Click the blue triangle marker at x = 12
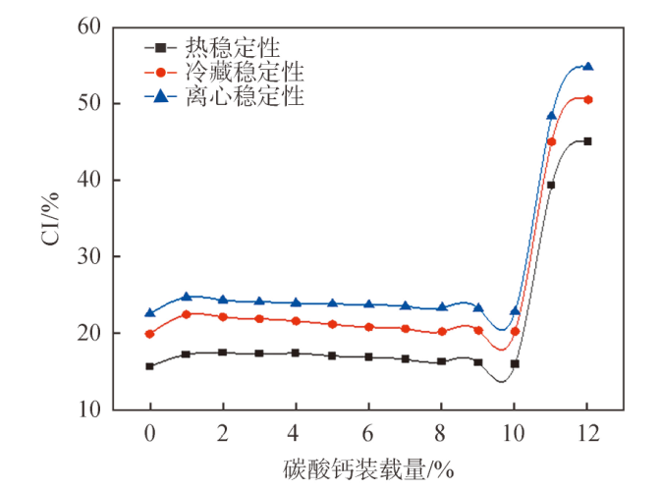588,66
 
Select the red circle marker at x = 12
588,100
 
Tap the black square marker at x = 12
587,141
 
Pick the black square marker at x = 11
551,185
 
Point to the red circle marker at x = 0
149,334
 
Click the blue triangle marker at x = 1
187,297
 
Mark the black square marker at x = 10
515,363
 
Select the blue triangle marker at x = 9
478,307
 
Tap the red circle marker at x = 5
332,324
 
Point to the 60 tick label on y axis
89,27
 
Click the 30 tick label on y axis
89,256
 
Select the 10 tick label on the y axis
89,409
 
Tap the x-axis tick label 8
440,433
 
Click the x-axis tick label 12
587,433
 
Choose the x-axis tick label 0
150,433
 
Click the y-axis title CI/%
50,219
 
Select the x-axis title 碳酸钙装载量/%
368,469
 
